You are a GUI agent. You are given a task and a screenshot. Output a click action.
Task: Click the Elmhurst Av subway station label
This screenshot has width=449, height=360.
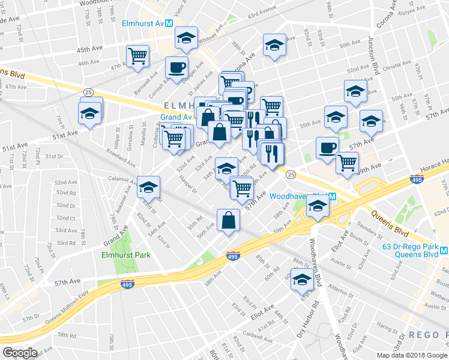click(143, 23)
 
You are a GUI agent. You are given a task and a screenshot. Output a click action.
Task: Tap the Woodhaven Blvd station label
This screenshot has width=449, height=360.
click(298, 196)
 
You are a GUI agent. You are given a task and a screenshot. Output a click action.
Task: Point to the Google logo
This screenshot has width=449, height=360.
click(20, 353)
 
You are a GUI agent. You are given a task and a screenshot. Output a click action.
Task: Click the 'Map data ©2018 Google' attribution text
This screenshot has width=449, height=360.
click(412, 355)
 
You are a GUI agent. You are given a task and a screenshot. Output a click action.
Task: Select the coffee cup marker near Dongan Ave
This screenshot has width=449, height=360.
click(176, 67)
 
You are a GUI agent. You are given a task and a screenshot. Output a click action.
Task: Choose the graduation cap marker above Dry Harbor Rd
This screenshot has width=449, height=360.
click(303, 278)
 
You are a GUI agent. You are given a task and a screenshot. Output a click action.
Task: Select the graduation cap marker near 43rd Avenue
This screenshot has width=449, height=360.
click(274, 45)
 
